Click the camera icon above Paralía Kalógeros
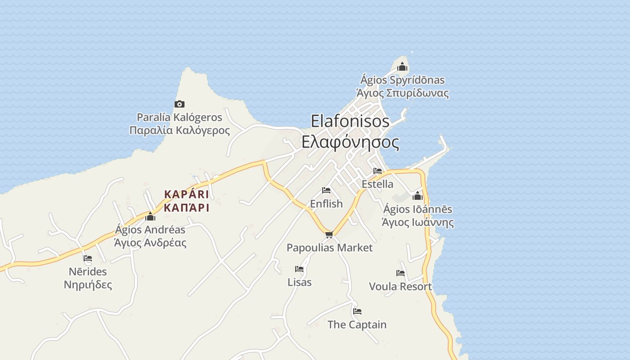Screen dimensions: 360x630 click(x=180, y=104)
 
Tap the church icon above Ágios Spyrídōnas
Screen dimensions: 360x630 click(x=402, y=67)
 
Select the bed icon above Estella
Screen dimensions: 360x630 click(x=377, y=171)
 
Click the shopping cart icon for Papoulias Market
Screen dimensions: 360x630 click(x=329, y=234)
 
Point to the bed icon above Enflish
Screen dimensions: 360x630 click(x=326, y=190)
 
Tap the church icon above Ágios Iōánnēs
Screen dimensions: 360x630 click(x=418, y=196)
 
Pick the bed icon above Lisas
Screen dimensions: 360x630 click(x=299, y=269)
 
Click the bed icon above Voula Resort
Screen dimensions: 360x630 click(x=400, y=273)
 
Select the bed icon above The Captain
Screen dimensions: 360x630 click(x=357, y=311)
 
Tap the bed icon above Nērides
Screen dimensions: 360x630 click(x=88, y=258)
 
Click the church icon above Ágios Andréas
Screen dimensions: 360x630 click(x=150, y=217)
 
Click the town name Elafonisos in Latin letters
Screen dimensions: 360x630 click(x=350, y=121)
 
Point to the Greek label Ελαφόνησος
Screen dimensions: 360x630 click(x=350, y=142)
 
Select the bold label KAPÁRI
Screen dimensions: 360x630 click(x=186, y=194)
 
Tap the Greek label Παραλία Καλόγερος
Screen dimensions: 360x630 click(x=180, y=130)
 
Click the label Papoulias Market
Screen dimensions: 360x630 click(x=329, y=247)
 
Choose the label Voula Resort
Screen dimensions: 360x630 click(x=400, y=287)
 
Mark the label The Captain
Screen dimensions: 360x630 click(x=357, y=324)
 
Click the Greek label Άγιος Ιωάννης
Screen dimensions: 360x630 click(x=418, y=222)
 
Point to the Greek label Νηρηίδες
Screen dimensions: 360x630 click(x=88, y=284)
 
